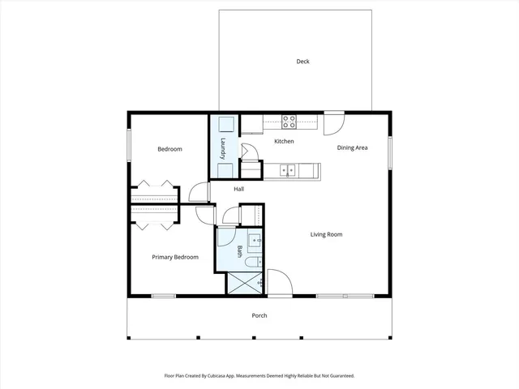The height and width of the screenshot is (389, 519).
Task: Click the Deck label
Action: coord(302,62)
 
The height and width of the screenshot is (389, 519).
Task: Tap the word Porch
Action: coord(259,315)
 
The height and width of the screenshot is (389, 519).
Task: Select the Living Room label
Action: coord(326,235)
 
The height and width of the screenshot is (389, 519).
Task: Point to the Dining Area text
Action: coord(353,147)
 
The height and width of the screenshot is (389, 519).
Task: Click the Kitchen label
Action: coord(283,142)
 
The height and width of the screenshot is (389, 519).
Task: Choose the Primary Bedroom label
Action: coord(175,257)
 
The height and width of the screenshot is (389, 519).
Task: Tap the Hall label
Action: coord(238,189)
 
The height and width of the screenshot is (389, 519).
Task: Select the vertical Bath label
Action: coord(240,252)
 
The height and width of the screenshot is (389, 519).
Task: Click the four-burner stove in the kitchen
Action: coord(289,123)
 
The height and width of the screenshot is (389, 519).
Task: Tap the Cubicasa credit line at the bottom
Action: coord(259,376)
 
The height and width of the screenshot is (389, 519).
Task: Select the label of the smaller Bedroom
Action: coord(169,149)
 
